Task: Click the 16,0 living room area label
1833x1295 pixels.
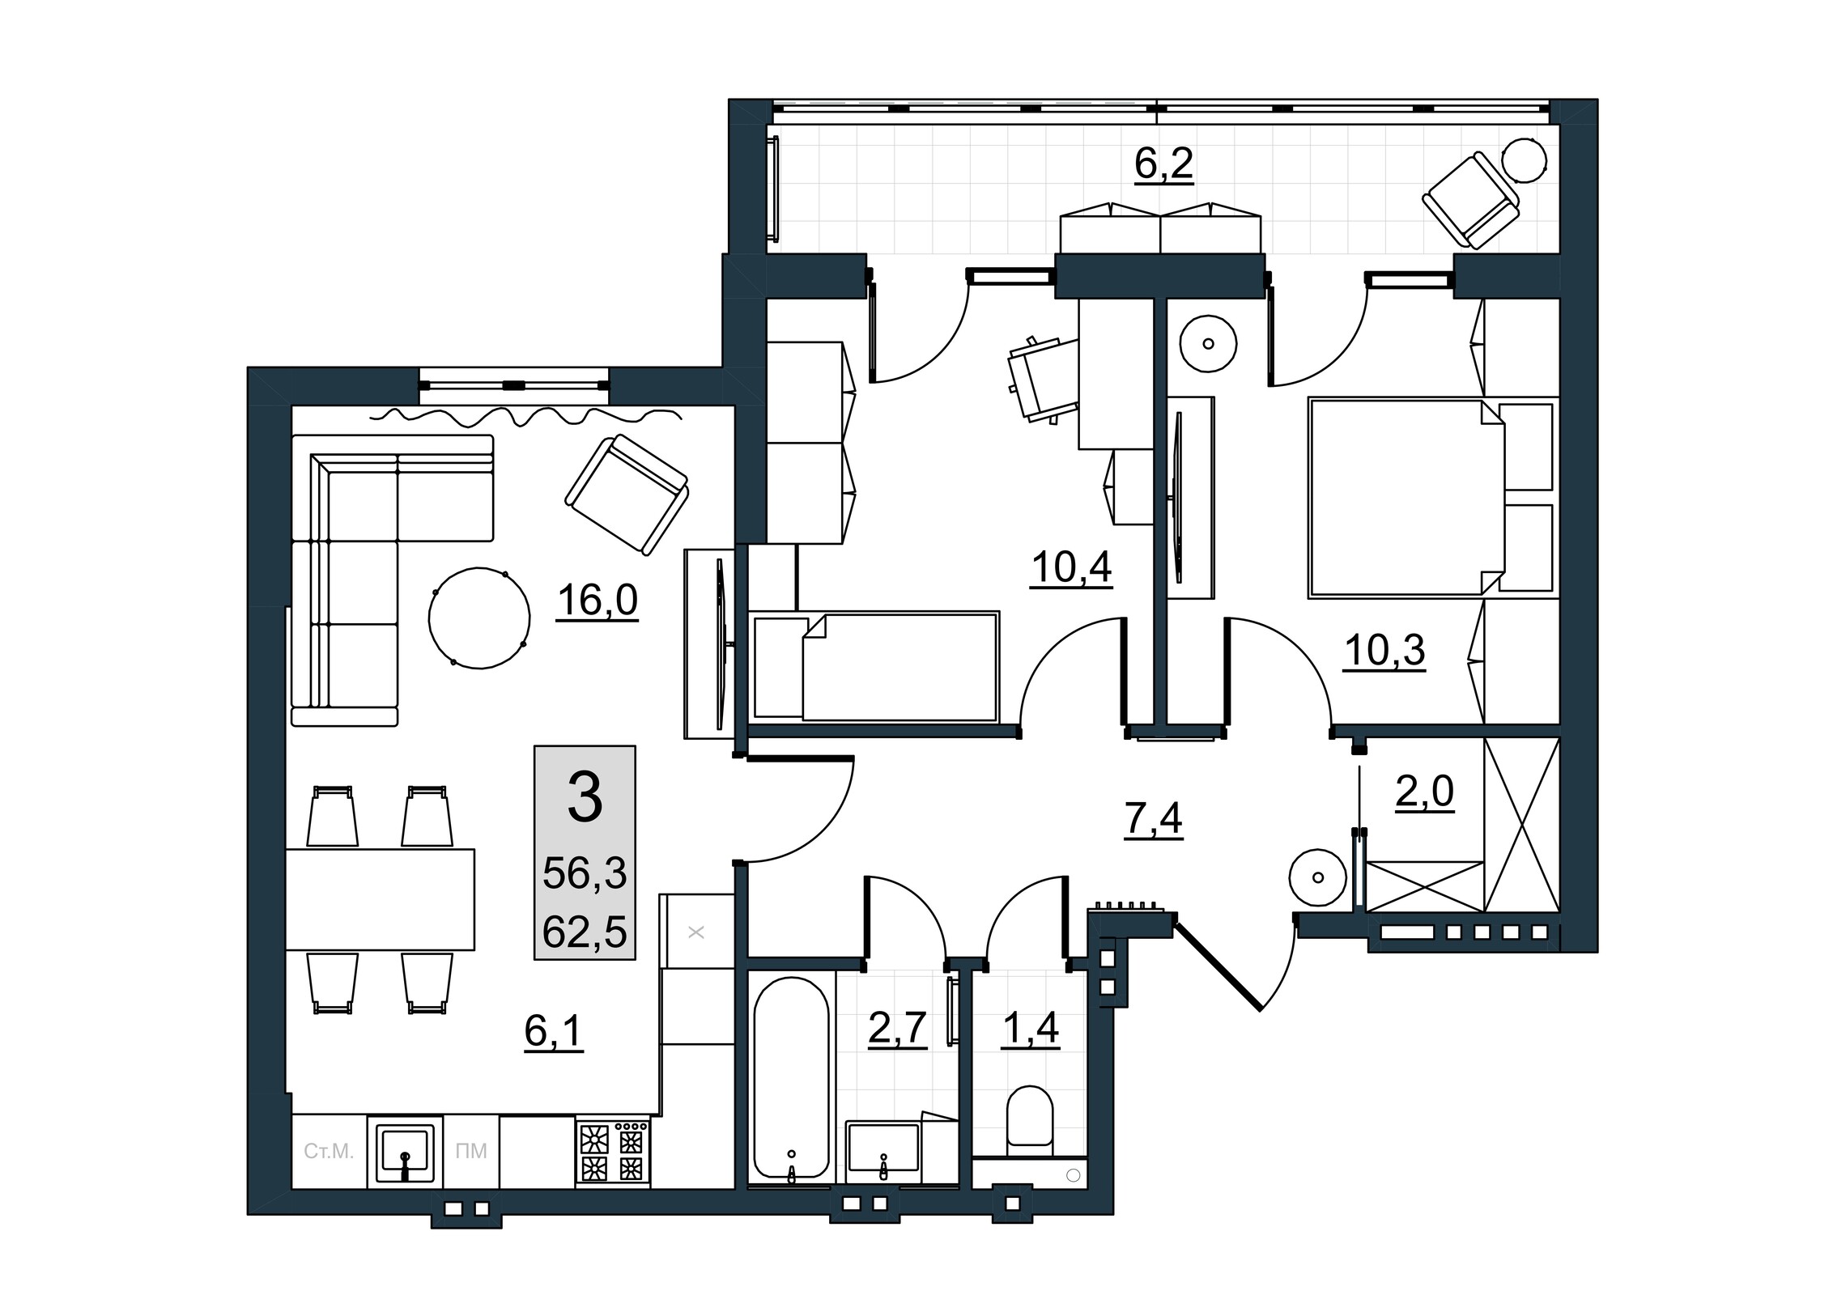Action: click(597, 601)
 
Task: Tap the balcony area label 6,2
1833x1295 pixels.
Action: click(1163, 164)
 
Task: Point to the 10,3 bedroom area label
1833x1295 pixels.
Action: click(1384, 650)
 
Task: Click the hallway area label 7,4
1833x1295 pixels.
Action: click(1153, 821)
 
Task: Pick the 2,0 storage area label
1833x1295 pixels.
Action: click(1424, 792)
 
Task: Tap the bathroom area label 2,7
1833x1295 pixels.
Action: click(897, 1030)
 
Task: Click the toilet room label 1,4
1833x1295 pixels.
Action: click(1030, 1030)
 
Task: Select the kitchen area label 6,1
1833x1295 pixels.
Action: click(554, 1032)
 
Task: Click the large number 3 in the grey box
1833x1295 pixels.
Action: click(585, 797)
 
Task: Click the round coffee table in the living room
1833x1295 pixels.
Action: click(479, 618)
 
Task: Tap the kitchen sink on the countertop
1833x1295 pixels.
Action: click(405, 1153)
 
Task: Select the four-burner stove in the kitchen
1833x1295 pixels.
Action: click(613, 1153)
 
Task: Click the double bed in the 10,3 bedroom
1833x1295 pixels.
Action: click(1407, 498)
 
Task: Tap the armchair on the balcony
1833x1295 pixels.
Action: click(1470, 200)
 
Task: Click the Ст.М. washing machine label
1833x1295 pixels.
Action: click(329, 1152)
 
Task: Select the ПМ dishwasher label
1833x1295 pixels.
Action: click(471, 1152)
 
